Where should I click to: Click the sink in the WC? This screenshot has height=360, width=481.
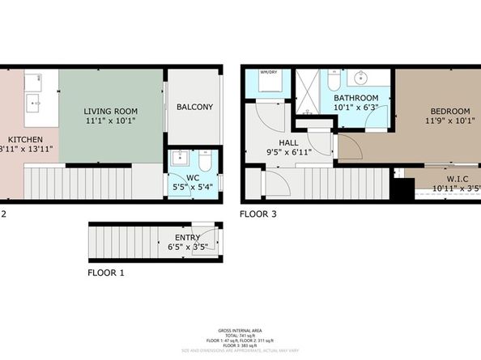point(179,158)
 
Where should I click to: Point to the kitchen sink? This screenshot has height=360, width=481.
point(34,102)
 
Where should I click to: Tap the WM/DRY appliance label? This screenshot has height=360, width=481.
point(267,72)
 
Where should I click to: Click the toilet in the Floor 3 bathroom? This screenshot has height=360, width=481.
point(334,83)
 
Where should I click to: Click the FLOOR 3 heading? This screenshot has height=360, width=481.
point(259,214)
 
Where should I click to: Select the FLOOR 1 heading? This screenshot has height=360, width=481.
point(106,273)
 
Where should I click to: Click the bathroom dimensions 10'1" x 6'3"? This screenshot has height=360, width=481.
point(355,106)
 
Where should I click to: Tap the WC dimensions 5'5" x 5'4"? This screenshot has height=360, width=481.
point(187,187)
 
